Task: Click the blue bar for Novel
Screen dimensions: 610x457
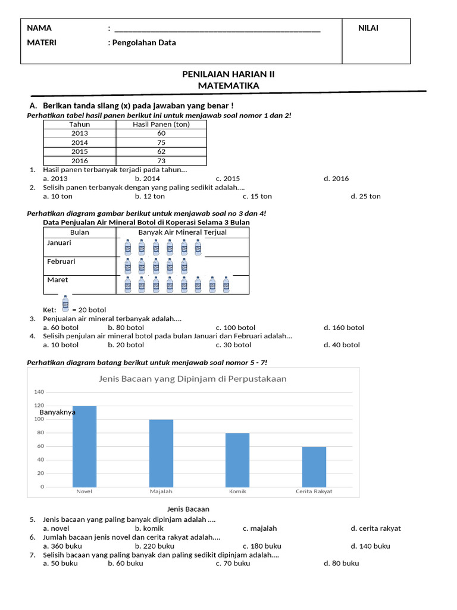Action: coord(84,446)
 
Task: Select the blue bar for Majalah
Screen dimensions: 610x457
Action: coord(161,453)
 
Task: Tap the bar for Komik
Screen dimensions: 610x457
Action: coord(237,460)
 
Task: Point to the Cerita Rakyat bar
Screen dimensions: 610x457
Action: coord(314,466)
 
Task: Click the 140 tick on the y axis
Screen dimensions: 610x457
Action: coord(39,392)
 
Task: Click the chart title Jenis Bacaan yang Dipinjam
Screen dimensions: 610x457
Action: coord(193,379)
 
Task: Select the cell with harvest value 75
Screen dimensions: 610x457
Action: coord(161,142)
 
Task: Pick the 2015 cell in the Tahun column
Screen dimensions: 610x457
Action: coord(79,152)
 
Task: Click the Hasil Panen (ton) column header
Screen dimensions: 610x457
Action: coord(161,125)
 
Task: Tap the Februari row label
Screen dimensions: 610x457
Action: coord(61,262)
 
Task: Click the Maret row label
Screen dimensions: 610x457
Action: coord(57,280)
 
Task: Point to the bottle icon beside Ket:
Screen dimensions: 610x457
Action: coord(65,304)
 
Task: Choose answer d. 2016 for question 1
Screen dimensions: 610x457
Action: coord(336,179)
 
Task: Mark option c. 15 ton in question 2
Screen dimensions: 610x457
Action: coord(257,197)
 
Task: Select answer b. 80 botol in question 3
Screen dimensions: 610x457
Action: coord(126,328)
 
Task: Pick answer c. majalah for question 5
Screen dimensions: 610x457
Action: coord(259,528)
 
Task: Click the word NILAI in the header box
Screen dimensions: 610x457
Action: coord(368,28)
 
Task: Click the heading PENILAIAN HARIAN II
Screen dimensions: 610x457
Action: coord(228,74)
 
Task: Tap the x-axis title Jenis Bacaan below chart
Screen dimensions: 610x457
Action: coord(188,509)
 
